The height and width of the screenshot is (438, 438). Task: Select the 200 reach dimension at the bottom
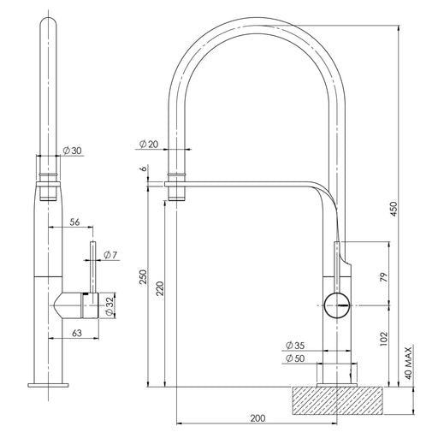tap(258, 417)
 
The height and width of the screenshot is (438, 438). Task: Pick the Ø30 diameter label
tap(71, 151)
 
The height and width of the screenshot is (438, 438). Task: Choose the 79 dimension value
tap(383, 278)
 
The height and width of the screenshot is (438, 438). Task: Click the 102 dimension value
tap(383, 337)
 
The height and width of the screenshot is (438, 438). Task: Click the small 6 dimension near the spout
tap(143, 169)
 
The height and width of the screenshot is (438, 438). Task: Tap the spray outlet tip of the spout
tap(175, 195)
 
